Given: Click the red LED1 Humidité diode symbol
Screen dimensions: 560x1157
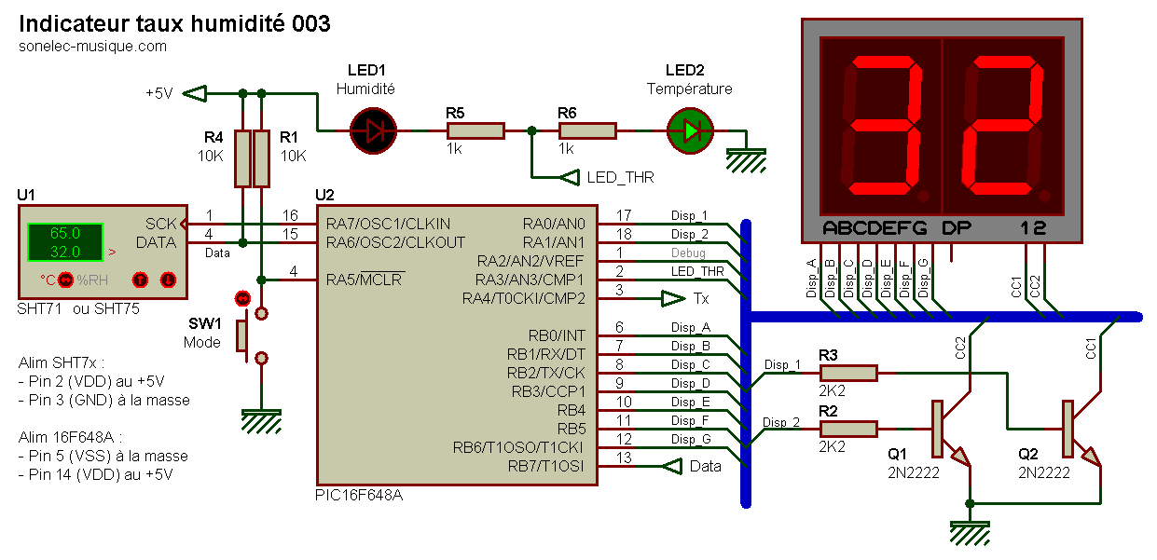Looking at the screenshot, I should (373, 131).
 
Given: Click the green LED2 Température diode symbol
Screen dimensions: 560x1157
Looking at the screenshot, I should (690, 131).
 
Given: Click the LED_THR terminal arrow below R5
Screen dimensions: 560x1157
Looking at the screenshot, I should (569, 177).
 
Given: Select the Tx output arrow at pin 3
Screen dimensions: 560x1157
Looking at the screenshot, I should (672, 298).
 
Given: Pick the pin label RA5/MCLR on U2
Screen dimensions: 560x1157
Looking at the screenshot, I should (365, 280).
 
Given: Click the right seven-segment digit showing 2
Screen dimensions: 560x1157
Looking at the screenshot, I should (1002, 130).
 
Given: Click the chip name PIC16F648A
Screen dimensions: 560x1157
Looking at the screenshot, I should (359, 495).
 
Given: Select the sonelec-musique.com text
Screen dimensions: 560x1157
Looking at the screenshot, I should (93, 46).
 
